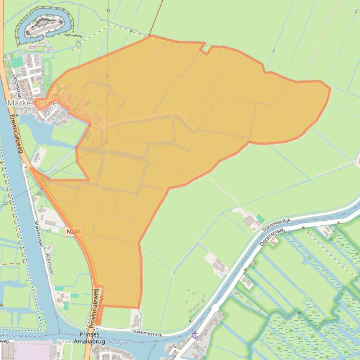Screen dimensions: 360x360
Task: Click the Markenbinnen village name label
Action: click(35, 103)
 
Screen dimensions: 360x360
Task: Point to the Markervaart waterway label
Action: click(38, 234)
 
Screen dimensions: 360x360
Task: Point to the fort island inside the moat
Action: click(44, 25)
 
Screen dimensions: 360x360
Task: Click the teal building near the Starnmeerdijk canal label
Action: click(260, 218)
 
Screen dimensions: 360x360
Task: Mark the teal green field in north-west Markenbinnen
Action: click(17, 62)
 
